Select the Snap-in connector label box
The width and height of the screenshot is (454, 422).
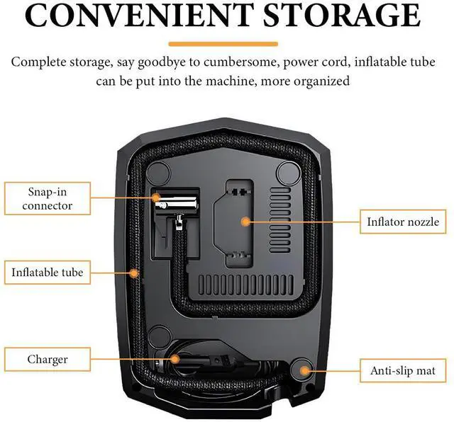point(47,198)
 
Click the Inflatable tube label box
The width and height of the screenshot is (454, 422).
point(47,271)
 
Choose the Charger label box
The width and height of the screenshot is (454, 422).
point(47,359)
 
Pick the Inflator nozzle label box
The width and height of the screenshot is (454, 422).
point(402,222)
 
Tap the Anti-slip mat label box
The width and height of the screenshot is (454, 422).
point(403,370)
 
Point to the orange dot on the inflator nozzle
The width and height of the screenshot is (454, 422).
point(246,221)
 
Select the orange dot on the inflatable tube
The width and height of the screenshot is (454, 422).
point(135,271)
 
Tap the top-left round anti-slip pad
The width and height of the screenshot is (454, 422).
point(160,171)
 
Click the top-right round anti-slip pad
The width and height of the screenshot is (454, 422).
point(287,171)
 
